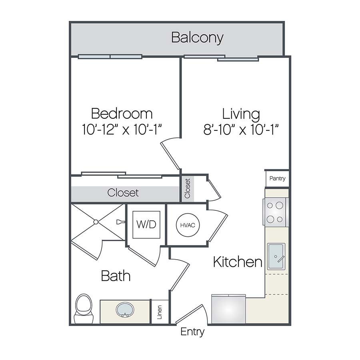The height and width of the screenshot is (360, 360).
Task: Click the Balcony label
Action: pyautogui.click(x=197, y=38)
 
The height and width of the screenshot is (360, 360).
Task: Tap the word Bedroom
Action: pyautogui.click(x=122, y=114)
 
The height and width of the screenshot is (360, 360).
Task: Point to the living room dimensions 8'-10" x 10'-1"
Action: pyautogui.click(x=241, y=130)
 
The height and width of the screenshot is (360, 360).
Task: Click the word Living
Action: pyautogui.click(x=241, y=114)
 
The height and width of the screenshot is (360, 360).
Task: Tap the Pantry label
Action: pyautogui.click(x=277, y=178)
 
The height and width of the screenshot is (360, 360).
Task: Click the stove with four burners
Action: pyautogui.click(x=276, y=212)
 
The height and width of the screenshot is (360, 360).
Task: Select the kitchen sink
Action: pyautogui.click(x=276, y=256)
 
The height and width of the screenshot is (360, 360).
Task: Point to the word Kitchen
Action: pyautogui.click(x=238, y=262)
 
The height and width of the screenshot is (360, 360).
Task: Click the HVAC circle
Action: pyautogui.click(x=188, y=225)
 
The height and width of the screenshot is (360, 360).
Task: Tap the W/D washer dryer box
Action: pyautogui.click(x=146, y=224)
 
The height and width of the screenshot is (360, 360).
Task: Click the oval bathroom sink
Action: pyautogui.click(x=125, y=310)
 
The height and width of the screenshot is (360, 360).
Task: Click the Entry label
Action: pyautogui.click(x=192, y=332)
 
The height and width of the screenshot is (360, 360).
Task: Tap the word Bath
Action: pyautogui.click(x=116, y=276)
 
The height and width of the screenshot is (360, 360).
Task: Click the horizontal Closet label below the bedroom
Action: pyautogui.click(x=123, y=193)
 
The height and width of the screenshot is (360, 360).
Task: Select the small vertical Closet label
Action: pyautogui.click(x=188, y=188)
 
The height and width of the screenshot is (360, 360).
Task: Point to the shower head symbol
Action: pyautogui.click(x=120, y=222)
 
